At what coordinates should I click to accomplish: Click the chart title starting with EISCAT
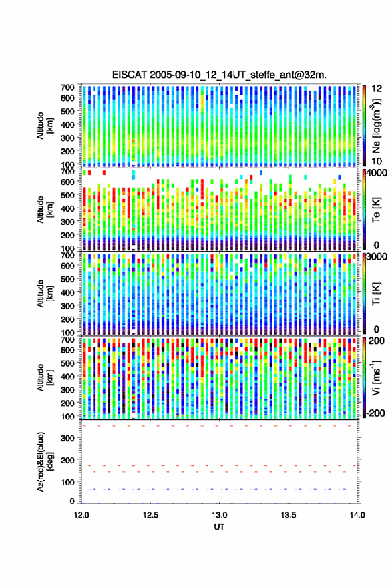pos(219,75)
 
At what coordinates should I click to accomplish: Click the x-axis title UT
pos(219,527)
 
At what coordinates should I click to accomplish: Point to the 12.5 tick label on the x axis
pos(150,515)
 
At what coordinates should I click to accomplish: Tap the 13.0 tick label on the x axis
pos(220,515)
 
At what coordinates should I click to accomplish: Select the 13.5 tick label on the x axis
pos(288,515)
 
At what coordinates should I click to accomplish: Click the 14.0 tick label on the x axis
pos(357,515)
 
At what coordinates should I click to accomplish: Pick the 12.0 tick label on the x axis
pos(81,515)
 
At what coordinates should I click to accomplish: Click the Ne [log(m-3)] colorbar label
pos(376,126)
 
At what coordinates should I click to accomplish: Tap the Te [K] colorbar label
pos(376,210)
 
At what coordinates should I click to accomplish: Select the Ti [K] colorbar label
pos(376,294)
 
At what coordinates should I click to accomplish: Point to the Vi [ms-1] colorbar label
pos(376,377)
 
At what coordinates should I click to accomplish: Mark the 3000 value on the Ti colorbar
pos(377,257)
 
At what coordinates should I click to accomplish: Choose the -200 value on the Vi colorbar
pos(375,413)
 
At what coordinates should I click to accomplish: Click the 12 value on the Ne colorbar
pos(377,89)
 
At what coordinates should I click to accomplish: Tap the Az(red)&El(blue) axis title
pos(45,461)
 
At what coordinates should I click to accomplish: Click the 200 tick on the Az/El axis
pos(67,460)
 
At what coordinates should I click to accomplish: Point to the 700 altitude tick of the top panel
pos(67,87)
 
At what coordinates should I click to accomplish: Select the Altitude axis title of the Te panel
pos(45,209)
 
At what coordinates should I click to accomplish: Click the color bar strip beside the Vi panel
pos(365,377)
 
